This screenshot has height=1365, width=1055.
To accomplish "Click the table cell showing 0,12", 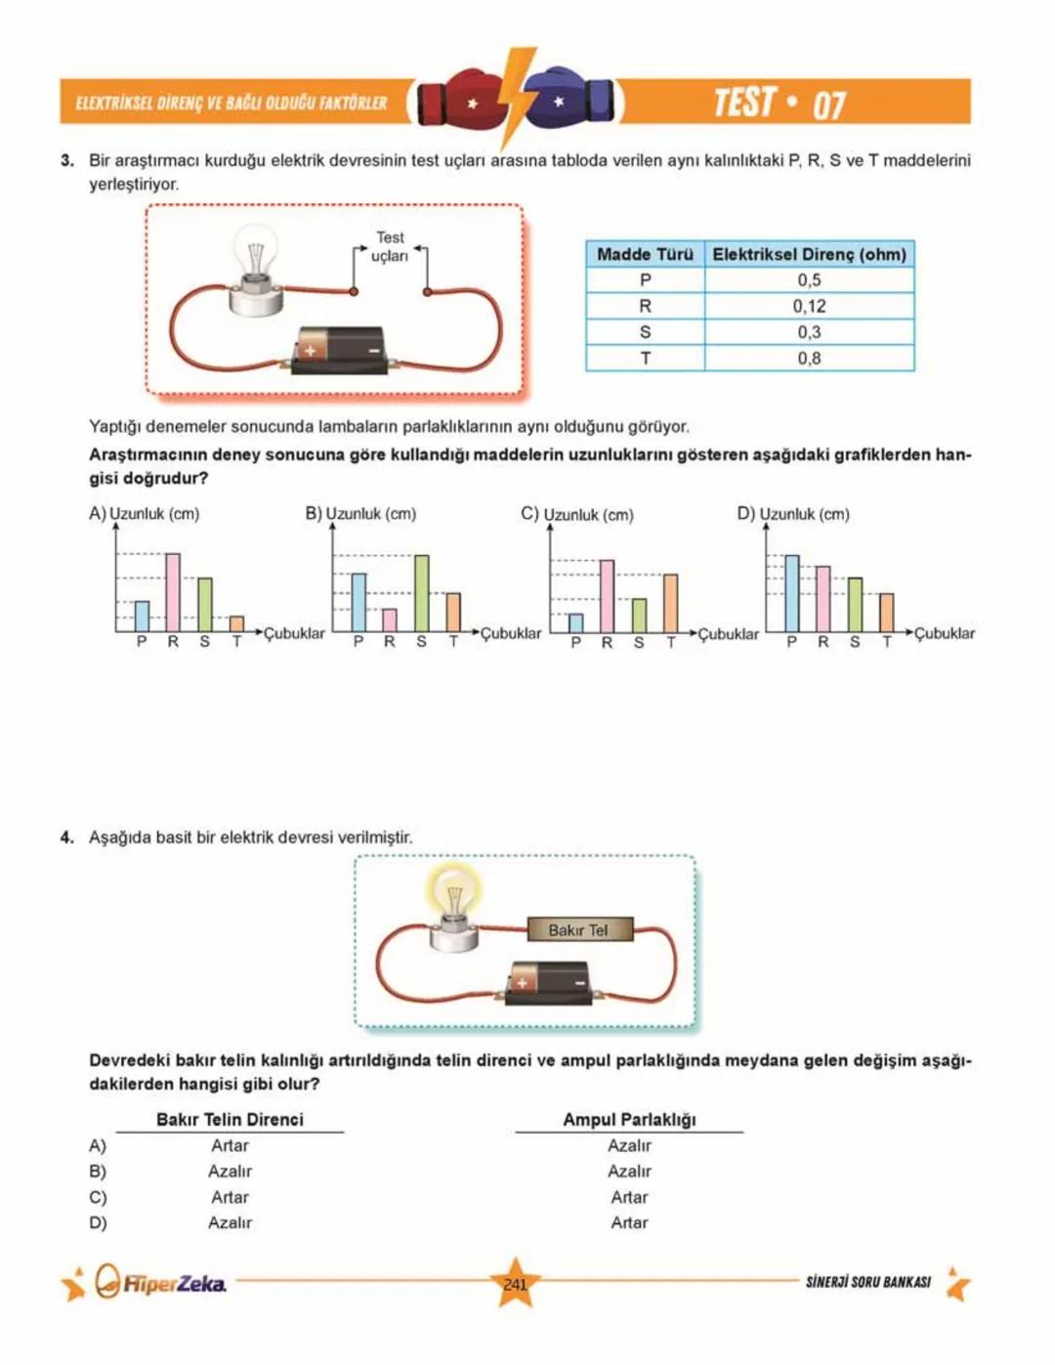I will pos(809,306).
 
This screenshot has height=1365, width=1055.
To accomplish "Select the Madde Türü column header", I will pos(645,254).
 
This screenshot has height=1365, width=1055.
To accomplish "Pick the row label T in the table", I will pos(645,359).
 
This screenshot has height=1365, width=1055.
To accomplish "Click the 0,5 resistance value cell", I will pos(809,280).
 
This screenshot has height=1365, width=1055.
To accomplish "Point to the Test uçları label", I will pos(390,246).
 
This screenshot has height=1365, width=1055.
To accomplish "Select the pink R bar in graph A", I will pos(173,592).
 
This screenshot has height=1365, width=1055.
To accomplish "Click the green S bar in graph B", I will pos(422,593).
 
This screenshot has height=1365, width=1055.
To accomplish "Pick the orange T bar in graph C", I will pos(670,603).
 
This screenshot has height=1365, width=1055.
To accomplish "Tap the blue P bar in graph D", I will pos(791,593).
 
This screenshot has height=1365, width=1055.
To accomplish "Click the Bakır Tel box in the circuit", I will pos(578,929).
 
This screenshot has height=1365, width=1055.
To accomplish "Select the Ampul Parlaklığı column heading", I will pos(629,1120).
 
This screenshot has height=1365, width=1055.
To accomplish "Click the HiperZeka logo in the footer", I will pos(162,1283).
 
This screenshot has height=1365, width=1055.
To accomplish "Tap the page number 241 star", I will pos(515,1284).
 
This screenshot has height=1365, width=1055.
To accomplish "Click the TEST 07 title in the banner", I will pos(780,103).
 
